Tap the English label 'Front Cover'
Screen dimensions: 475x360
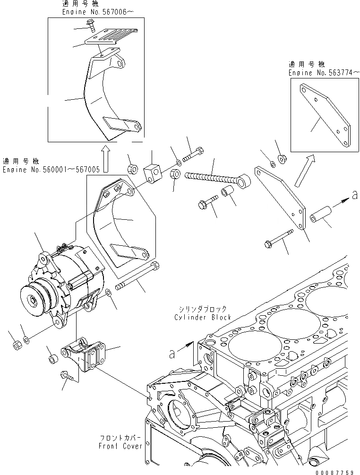pyautogui.click(x=120, y=446)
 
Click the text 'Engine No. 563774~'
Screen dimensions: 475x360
pyautogui.click(x=324, y=73)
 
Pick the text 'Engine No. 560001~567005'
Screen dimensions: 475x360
pyautogui.click(x=51, y=169)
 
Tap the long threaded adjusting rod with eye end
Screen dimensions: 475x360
pyautogui.click(x=215, y=178)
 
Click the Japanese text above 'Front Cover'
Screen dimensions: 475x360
pyautogui.click(x=120, y=438)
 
